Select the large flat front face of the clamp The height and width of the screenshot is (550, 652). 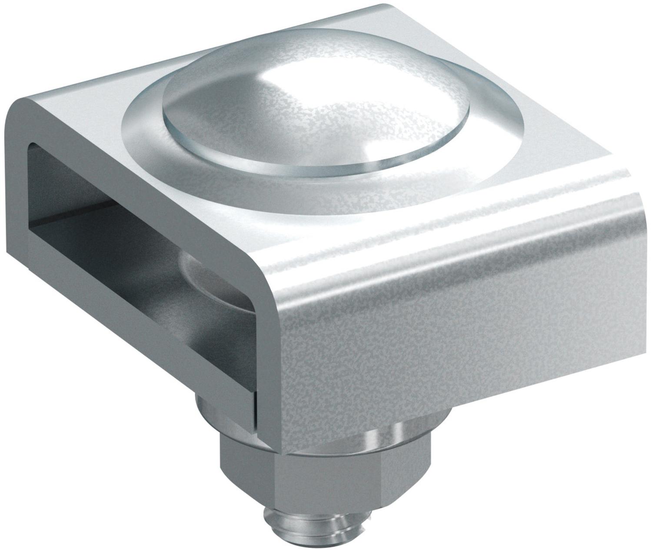point(456,348)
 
